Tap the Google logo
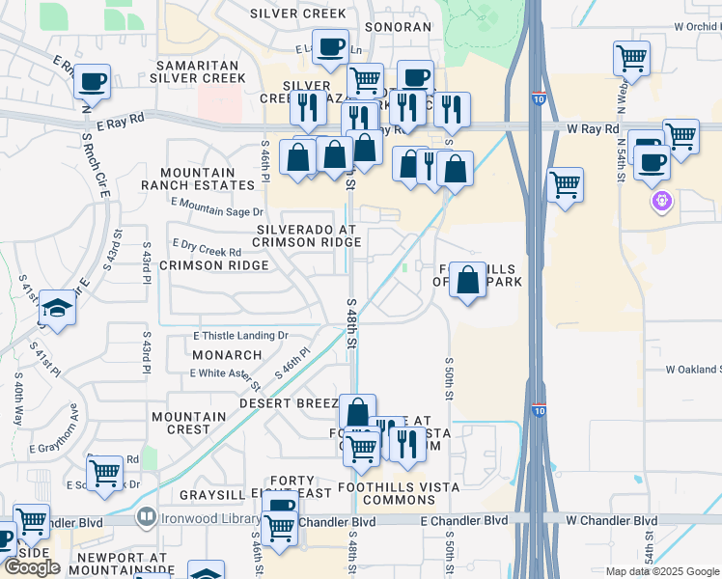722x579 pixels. [33, 567]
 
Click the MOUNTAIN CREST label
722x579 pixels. [188, 423]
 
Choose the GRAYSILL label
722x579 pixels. [211, 494]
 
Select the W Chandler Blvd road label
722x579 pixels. [612, 521]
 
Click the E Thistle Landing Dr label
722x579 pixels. [240, 336]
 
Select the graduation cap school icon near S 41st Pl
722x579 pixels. [57, 309]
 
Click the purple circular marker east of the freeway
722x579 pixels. [661, 202]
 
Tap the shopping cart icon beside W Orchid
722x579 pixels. [631, 58]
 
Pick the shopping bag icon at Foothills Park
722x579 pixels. [468, 281]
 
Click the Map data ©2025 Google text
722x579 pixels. [662, 571]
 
